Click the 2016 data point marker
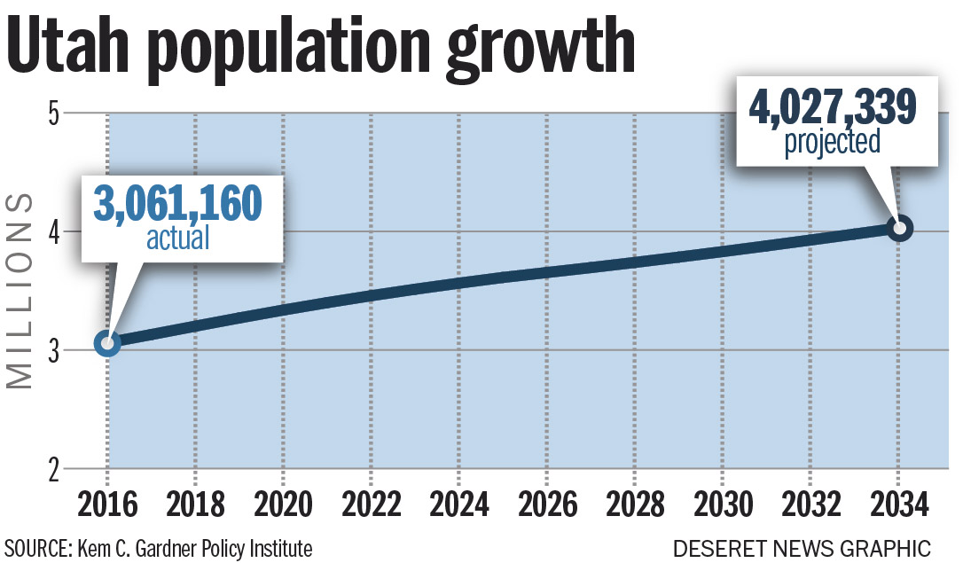107,343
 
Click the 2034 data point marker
899,229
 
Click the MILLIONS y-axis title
20,291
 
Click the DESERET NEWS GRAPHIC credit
802,548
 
